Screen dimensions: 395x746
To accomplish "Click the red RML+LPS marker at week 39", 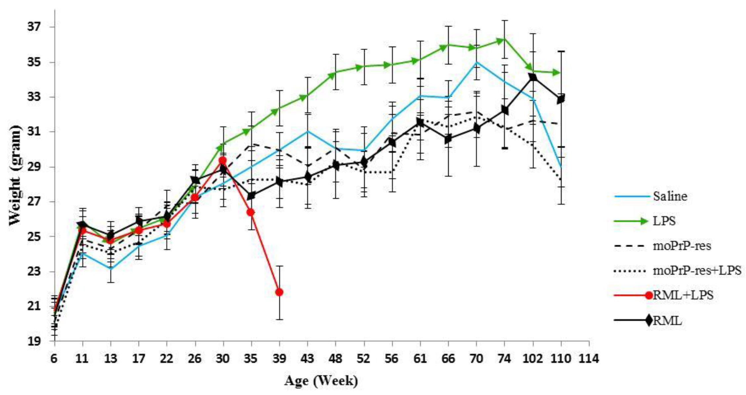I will click(279, 292).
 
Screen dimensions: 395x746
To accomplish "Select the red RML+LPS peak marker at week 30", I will click(223, 161).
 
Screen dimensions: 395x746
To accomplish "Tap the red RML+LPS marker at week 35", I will click(251, 212).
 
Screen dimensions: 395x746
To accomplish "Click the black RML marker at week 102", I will click(533, 77).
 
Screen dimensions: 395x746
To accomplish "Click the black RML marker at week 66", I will click(448, 139).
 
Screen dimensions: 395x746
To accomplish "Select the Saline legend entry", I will click(670, 196).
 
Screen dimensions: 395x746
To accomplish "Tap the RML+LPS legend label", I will click(683, 295).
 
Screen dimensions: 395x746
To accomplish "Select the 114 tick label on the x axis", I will click(589, 358).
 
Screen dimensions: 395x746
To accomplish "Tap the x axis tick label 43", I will click(308, 358).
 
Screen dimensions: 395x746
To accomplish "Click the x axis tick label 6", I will click(54, 358).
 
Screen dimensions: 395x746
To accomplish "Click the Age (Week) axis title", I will click(321, 381).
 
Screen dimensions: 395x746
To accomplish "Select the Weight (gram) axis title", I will click(15, 175).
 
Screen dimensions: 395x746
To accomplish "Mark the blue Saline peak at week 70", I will click(476, 62).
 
